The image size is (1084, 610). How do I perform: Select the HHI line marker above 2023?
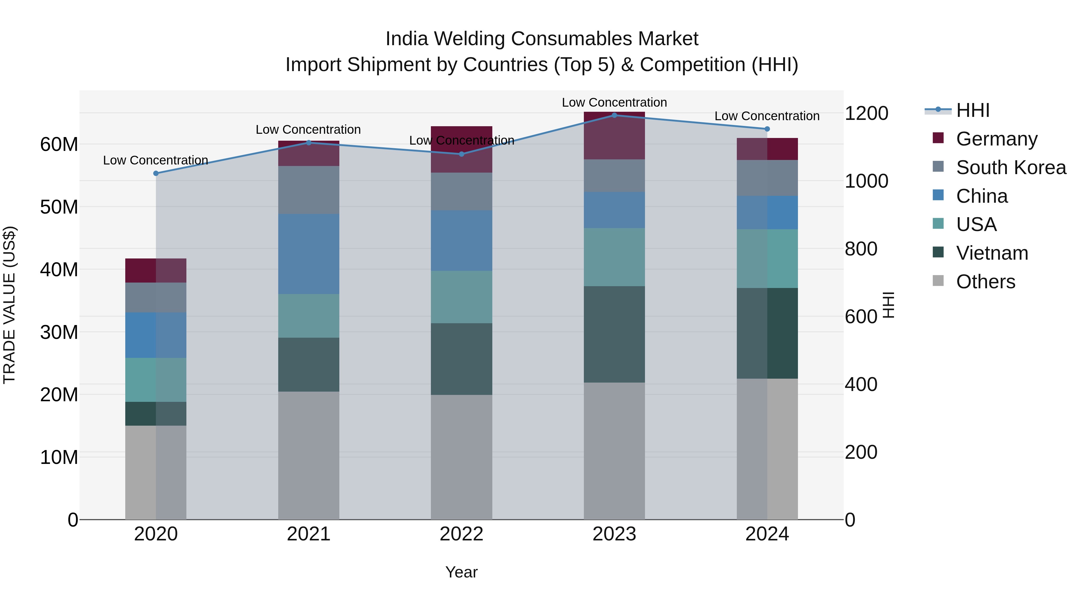tap(614, 115)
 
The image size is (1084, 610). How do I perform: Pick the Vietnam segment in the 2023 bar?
tap(614, 334)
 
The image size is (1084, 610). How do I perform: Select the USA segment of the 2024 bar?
tap(767, 258)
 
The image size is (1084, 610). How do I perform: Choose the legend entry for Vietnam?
tap(992, 253)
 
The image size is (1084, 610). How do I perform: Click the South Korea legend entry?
tap(1011, 167)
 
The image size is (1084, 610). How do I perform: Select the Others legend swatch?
tap(938, 281)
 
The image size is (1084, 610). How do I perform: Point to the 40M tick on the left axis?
tap(59, 269)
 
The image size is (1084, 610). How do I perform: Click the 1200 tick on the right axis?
tap(866, 113)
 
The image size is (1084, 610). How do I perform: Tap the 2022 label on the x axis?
tap(461, 534)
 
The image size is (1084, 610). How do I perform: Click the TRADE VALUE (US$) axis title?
tap(9, 305)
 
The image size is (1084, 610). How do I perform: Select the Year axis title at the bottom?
tap(461, 572)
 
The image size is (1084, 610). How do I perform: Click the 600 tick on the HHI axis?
tap(861, 317)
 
